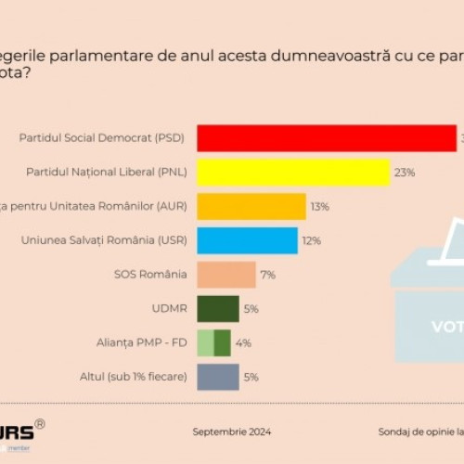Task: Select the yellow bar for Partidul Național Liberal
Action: pyautogui.click(x=293, y=173)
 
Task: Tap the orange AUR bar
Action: pyautogui.click(x=251, y=206)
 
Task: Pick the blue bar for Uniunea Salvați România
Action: pyautogui.click(x=248, y=240)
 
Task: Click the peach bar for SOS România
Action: pyautogui.click(x=226, y=275)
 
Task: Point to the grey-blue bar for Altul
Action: pyautogui.click(x=218, y=377)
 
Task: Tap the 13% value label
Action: pyautogui.click(x=320, y=206)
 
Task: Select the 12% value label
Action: pyautogui.click(x=312, y=240)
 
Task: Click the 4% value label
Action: pyautogui.click(x=243, y=342)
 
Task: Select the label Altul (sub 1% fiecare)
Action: pyautogui.click(x=134, y=377)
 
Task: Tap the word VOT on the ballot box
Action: pyautogui.click(x=447, y=327)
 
